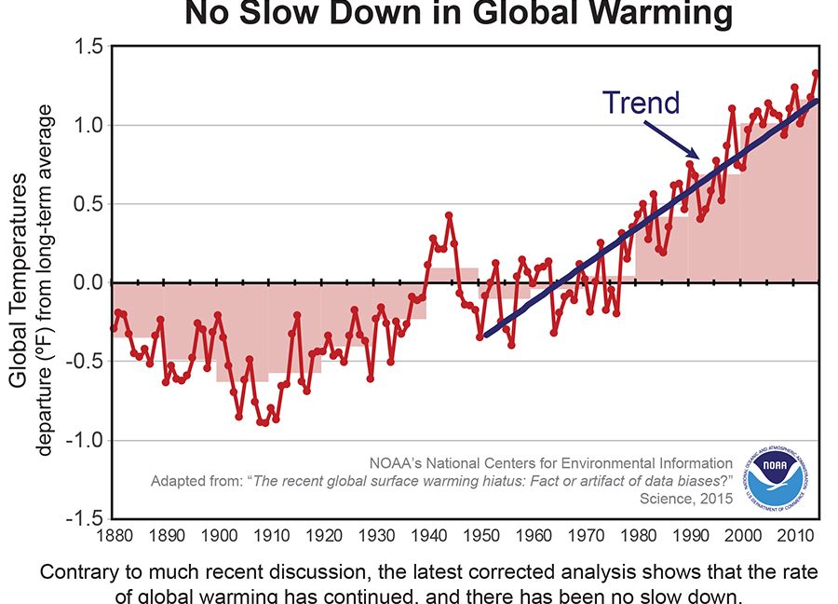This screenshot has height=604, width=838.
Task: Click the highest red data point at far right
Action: (816, 74)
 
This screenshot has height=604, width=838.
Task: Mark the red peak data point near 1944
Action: (449, 215)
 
